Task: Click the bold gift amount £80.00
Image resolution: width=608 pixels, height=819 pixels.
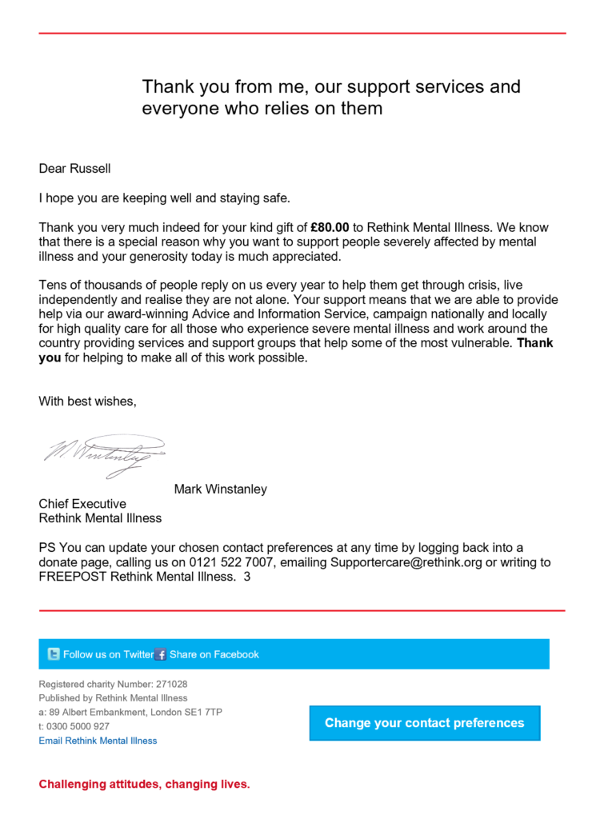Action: (330, 227)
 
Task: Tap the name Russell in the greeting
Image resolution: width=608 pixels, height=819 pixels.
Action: (90, 168)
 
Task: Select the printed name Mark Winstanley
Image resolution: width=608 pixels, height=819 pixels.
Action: (220, 489)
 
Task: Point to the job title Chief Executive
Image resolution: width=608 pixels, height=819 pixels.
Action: (82, 504)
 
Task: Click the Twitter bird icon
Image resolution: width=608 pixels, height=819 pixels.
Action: (54, 654)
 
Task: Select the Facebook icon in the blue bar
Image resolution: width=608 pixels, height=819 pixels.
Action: (161, 654)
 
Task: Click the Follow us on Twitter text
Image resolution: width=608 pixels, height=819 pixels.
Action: (108, 654)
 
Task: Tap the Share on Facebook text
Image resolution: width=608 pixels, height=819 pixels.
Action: (214, 654)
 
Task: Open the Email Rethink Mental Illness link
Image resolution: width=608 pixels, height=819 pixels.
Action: (98, 741)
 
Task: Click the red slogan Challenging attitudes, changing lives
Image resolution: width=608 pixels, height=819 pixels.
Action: (144, 784)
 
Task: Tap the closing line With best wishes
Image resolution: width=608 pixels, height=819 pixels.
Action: (87, 402)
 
